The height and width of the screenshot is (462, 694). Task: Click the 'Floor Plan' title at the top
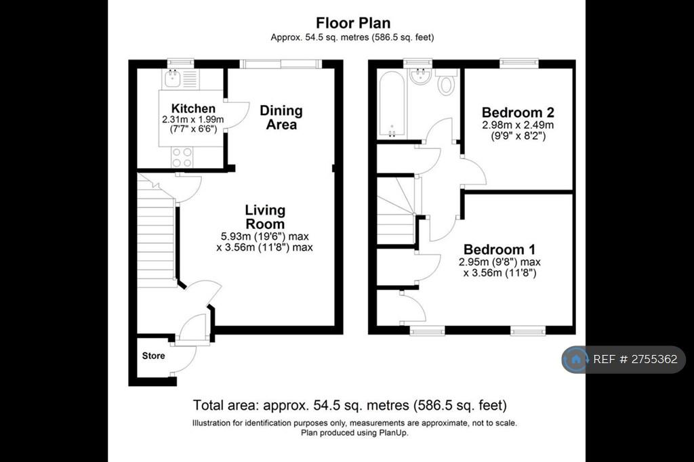click(x=353, y=22)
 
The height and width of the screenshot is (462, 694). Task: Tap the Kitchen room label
click(x=193, y=108)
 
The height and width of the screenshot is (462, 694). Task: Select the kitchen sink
click(x=171, y=79)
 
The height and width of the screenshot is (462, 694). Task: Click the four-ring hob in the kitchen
click(x=182, y=157)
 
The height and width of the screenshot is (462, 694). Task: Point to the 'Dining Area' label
click(x=281, y=117)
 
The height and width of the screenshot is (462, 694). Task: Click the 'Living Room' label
click(x=265, y=217)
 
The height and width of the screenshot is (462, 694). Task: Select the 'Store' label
click(x=154, y=356)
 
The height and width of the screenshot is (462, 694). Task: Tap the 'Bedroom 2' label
click(x=518, y=112)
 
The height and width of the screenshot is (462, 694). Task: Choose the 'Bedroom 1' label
click(x=499, y=249)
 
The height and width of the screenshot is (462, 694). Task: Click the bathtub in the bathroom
click(x=391, y=104)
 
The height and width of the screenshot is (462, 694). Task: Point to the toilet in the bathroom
click(x=446, y=81)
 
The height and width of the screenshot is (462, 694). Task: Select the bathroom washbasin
click(x=420, y=76)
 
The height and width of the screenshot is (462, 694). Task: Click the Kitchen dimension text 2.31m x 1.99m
click(x=193, y=119)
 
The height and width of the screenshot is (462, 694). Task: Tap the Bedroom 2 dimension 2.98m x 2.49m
click(x=518, y=125)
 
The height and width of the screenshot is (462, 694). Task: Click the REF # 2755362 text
click(x=635, y=359)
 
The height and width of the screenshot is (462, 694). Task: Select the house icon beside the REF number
click(x=576, y=359)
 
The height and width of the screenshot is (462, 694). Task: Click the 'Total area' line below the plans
click(x=350, y=405)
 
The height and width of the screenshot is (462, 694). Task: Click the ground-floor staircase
click(x=157, y=231)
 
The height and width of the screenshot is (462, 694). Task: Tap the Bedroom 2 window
click(x=518, y=64)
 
